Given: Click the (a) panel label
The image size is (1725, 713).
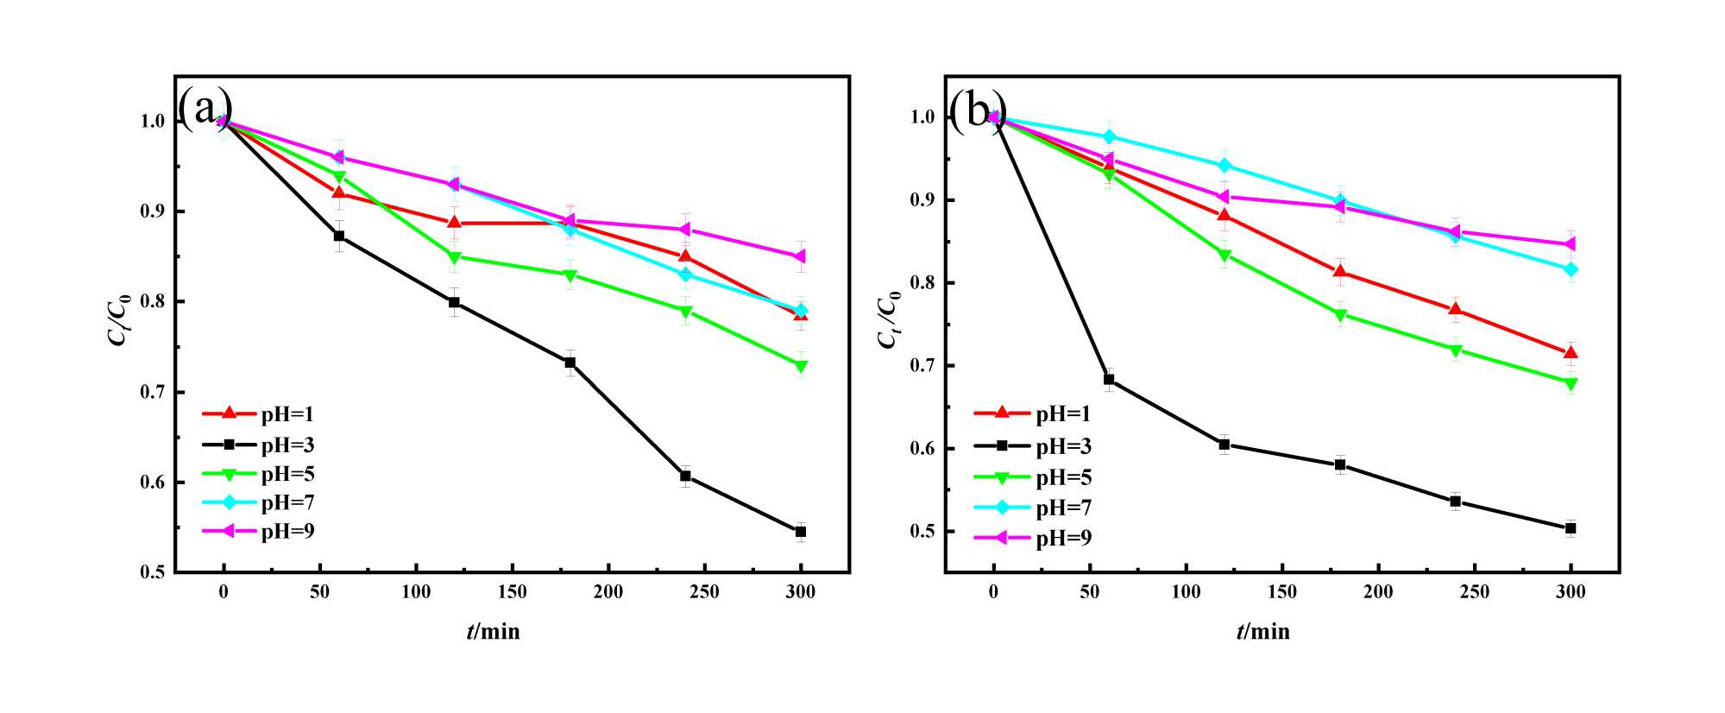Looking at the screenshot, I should tap(205, 109).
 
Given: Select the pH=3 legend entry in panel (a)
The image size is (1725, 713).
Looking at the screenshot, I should tap(259, 445).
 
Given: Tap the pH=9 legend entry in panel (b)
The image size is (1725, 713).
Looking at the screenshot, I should tap(1033, 538).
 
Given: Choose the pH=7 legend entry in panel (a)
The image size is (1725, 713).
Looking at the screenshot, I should tap(259, 502).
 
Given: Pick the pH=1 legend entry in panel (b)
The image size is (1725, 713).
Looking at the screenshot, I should tap(1033, 413).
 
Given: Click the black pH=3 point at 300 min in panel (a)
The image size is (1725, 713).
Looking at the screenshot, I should tap(801, 532).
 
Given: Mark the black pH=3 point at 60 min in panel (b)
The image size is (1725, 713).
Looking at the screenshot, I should tap(1109, 379).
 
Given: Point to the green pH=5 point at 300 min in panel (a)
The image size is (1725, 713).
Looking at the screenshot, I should tap(801, 366).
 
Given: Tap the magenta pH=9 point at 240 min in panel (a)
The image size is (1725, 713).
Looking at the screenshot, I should tap(685, 229).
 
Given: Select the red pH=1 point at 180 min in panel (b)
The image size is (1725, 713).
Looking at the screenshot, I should tap(1340, 273).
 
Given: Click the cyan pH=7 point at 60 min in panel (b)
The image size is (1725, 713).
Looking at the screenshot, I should tap(1109, 136).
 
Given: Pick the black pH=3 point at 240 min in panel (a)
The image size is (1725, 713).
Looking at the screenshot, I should tap(685, 476).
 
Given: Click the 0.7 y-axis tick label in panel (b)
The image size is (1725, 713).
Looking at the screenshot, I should tap(922, 366).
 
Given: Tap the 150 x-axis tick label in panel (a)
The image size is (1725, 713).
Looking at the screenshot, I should tap(513, 592).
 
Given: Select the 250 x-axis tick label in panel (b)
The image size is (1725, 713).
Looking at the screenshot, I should tap(1475, 592).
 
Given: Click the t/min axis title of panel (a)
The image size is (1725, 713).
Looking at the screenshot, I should tap(494, 632).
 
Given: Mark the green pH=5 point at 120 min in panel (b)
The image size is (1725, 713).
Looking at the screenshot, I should tap(1224, 256).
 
